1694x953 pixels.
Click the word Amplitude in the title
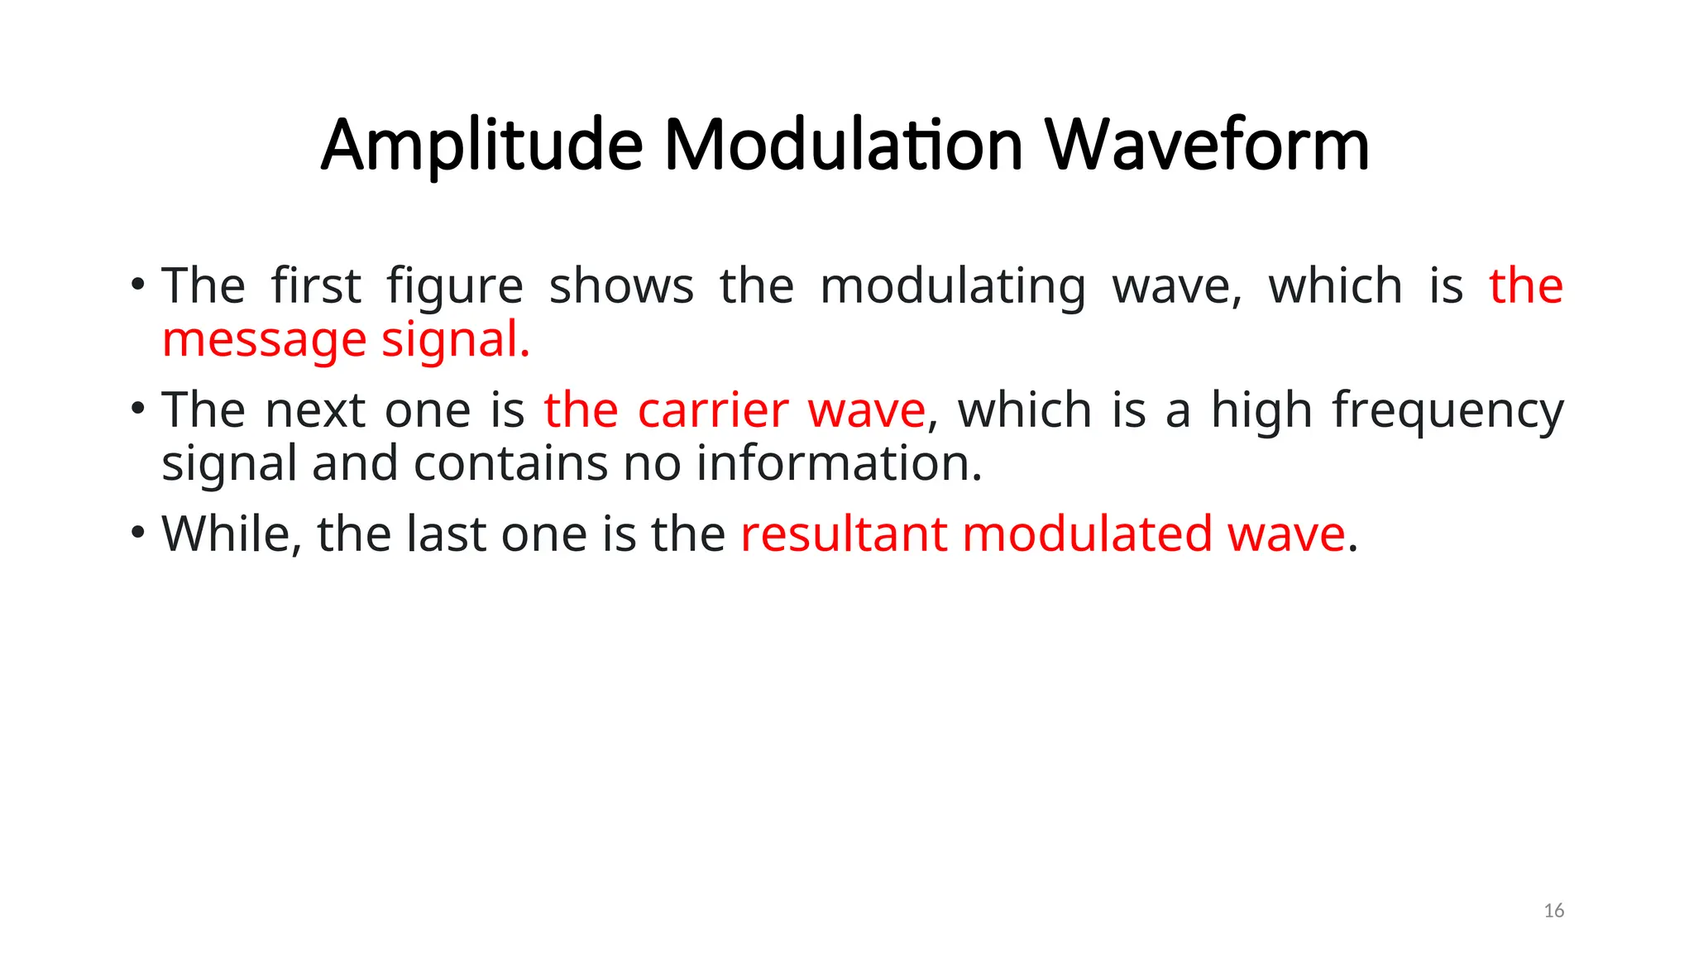click(x=481, y=146)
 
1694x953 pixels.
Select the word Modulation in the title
click(x=844, y=146)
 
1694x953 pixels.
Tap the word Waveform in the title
click(x=1207, y=146)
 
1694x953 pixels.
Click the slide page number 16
click(x=1553, y=911)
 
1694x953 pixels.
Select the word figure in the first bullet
click(x=455, y=288)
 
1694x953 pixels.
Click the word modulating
click(x=952, y=288)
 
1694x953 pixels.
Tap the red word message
click(x=264, y=340)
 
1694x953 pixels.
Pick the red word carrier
click(x=713, y=410)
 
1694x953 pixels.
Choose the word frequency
click(x=1448, y=412)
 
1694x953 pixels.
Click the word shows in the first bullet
click(x=621, y=286)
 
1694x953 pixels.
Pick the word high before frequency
click(x=1261, y=411)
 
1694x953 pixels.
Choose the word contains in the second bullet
click(x=510, y=463)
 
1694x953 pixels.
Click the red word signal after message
click(x=455, y=340)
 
